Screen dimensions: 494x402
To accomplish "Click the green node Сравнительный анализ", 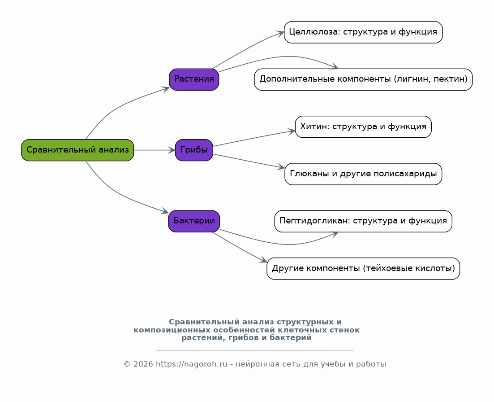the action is click(x=77, y=150).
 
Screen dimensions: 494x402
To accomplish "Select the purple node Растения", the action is click(x=194, y=79).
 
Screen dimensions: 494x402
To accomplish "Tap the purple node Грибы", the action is click(x=194, y=150).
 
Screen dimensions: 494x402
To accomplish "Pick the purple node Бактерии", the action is click(x=194, y=221).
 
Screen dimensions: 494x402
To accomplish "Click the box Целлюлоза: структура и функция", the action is click(x=363, y=32).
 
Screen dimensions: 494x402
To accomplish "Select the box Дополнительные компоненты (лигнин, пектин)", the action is click(x=363, y=79).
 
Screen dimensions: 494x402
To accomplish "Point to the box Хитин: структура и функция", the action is click(x=363, y=127).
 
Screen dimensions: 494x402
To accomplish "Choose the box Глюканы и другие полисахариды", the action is click(x=363, y=174).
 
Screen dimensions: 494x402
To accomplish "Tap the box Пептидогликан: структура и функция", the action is click(x=363, y=221).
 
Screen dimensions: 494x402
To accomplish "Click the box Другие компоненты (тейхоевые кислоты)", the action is click(x=363, y=269).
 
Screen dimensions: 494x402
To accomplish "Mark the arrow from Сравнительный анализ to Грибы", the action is click(x=155, y=150).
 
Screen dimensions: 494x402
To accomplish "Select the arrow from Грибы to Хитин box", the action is click(x=254, y=138).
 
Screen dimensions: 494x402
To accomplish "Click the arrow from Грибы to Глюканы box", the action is click(x=249, y=161).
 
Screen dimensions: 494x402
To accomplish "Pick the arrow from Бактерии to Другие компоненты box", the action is click(x=240, y=248).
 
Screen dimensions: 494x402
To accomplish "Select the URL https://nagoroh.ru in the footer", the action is click(x=192, y=364).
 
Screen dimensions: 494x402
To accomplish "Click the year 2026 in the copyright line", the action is click(x=143, y=364).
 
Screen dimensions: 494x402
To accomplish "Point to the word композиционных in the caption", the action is click(x=172, y=330).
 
